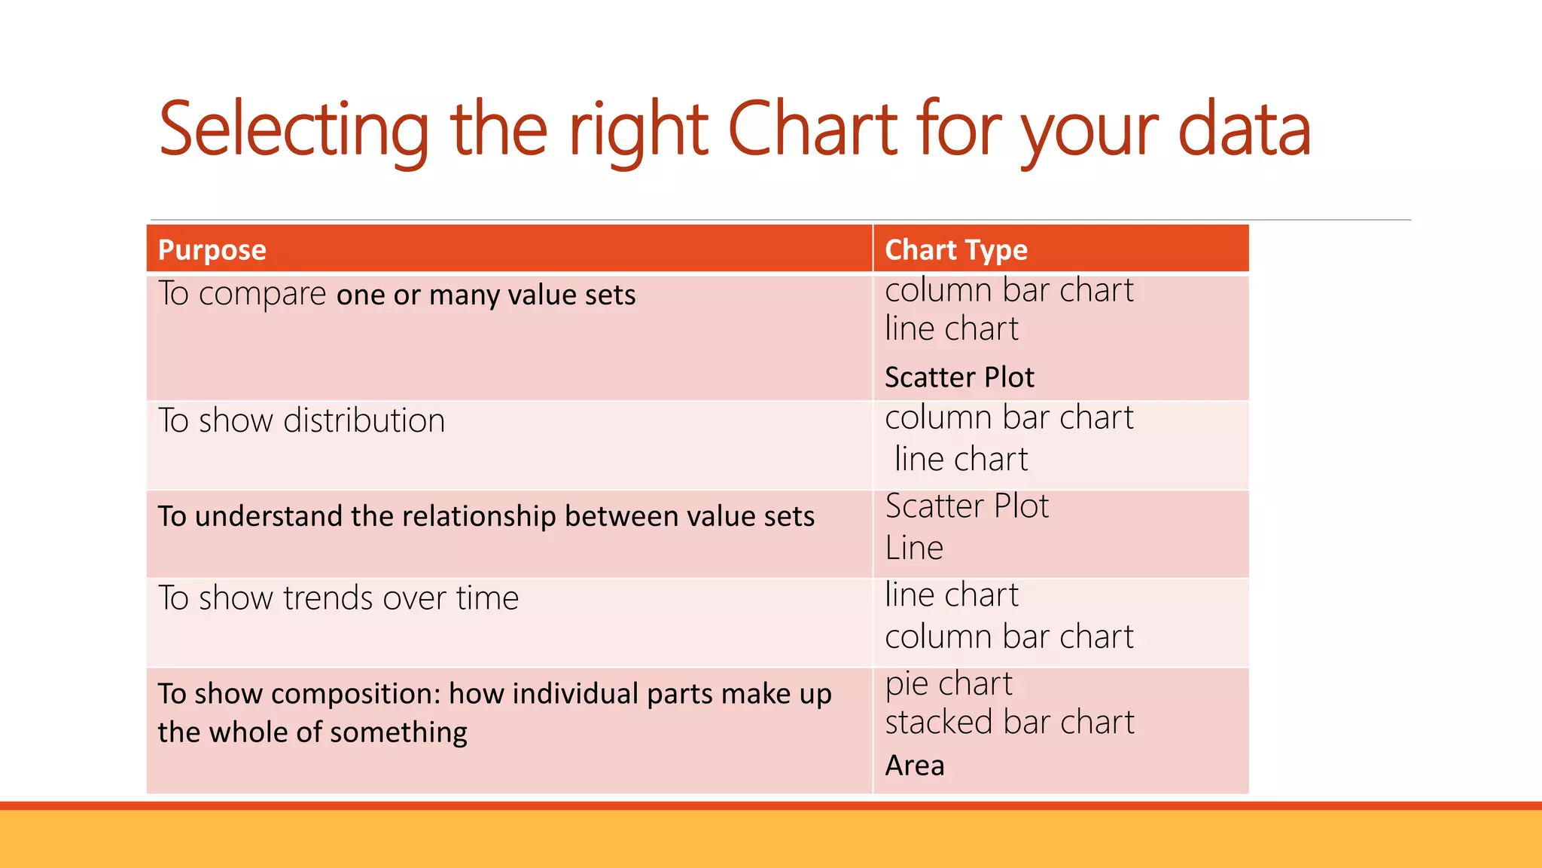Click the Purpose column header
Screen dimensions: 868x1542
coord(212,250)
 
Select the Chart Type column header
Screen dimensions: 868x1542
coord(955,250)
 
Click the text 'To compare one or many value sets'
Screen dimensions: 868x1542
coord(397,294)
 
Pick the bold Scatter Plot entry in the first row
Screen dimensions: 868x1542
coord(959,377)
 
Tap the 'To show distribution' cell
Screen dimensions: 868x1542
coord(301,420)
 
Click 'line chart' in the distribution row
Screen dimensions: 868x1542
coord(961,459)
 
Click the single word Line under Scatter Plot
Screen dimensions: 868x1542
coord(914,548)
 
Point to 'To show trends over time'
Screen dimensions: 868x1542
coord(338,598)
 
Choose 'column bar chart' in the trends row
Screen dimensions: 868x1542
coord(1009,637)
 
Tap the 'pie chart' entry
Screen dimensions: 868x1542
coord(949,684)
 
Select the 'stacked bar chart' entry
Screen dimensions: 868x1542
coord(1009,723)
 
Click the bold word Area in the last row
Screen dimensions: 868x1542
coord(914,766)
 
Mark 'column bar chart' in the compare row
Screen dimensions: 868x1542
coord(1009,291)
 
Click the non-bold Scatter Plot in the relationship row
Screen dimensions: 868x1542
coord(967,506)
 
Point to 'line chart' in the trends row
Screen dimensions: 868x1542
coord(952,595)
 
